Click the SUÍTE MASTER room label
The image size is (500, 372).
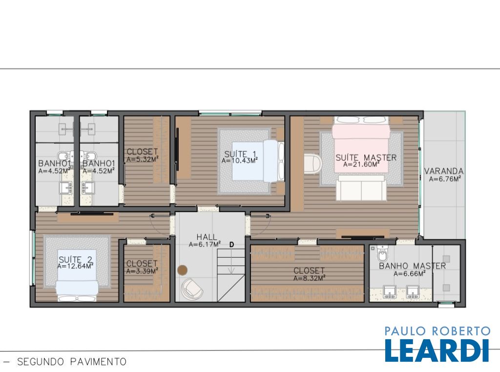366,157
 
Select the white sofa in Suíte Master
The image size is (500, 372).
361,188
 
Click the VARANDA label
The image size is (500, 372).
444,171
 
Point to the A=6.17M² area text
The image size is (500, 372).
205,244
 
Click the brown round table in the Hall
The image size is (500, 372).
183,270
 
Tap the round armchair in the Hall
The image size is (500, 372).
192,288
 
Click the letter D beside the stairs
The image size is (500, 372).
232,245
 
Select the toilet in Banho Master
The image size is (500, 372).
382,253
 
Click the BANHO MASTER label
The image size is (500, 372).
412,266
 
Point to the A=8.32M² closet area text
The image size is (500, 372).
309,278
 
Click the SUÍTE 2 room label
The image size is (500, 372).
75,260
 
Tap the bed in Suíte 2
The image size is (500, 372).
77,290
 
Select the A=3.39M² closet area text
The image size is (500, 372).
142,271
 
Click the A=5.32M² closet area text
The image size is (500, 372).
143,159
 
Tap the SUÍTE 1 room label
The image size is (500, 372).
240,154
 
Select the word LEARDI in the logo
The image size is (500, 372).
437,350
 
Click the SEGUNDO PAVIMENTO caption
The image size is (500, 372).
72,362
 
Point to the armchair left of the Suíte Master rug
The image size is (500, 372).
313,164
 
